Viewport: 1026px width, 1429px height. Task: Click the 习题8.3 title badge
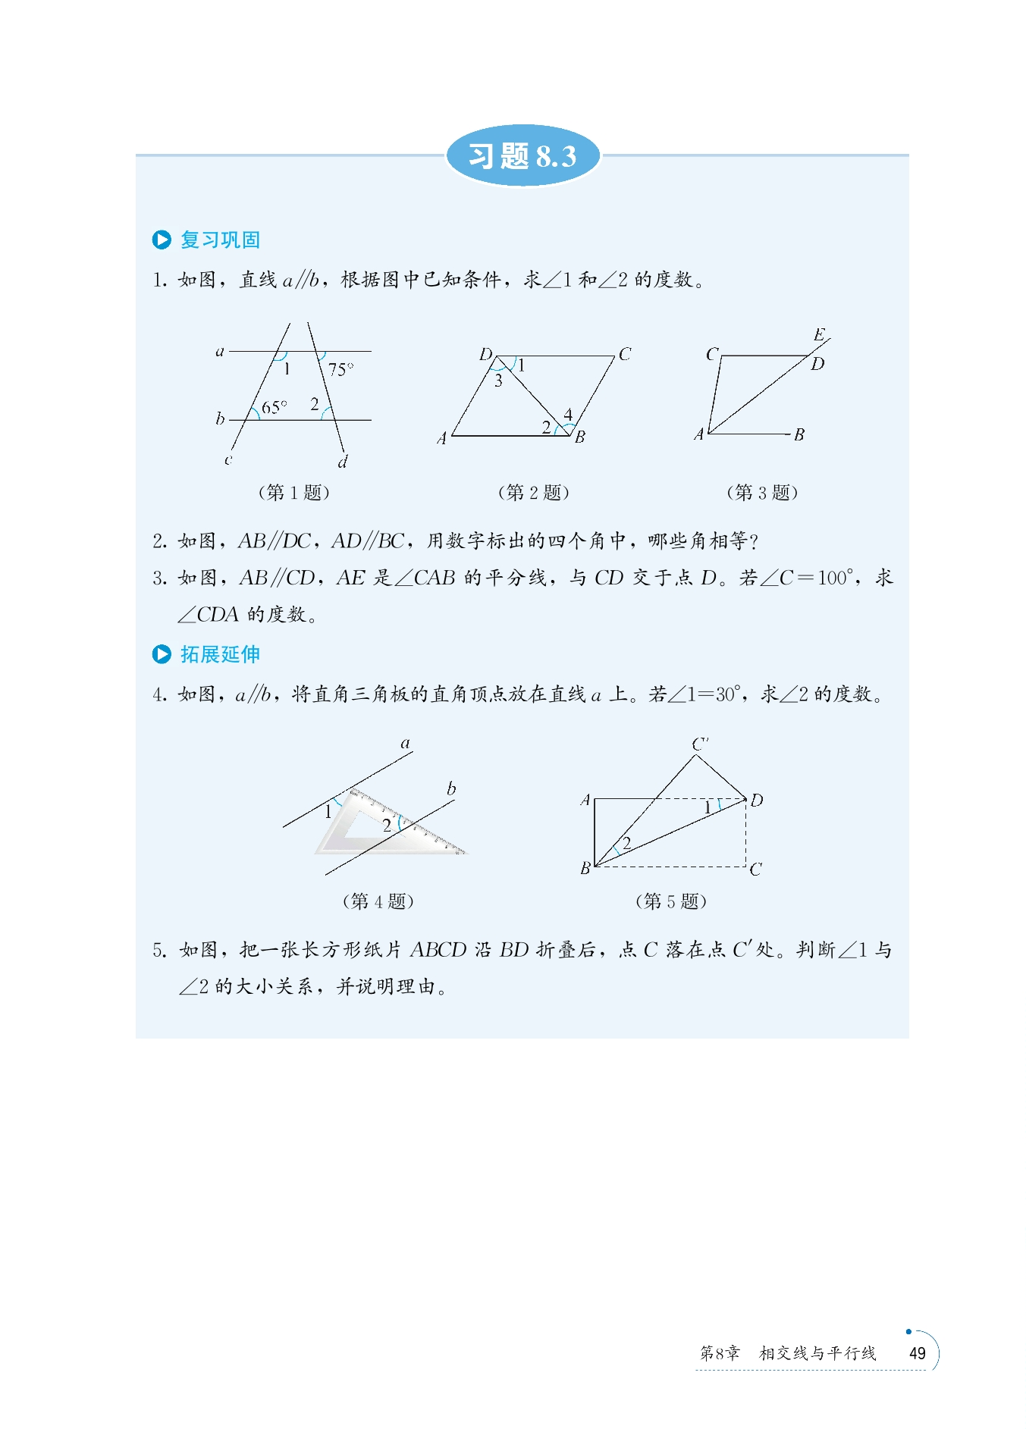click(x=522, y=156)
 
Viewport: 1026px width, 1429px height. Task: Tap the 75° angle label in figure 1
click(x=340, y=369)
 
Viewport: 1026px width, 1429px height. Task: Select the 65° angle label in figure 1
click(x=274, y=407)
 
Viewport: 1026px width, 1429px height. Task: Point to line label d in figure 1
click(x=343, y=462)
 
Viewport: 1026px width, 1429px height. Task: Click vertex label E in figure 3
click(x=819, y=335)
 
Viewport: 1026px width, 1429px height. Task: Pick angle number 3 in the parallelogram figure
click(x=498, y=381)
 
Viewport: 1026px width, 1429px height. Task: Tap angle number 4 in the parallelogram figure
click(x=568, y=414)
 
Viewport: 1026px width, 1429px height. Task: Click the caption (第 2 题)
click(x=534, y=492)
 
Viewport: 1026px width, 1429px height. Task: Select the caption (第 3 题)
click(x=762, y=492)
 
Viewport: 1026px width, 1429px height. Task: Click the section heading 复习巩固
click(x=220, y=240)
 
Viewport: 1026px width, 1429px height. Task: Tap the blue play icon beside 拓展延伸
click(x=162, y=654)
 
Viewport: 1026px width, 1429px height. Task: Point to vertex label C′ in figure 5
click(x=699, y=744)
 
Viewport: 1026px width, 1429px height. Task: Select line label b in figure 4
click(x=451, y=788)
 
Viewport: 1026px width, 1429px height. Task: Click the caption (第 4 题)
click(x=378, y=901)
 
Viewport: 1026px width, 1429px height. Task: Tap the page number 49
click(x=917, y=1353)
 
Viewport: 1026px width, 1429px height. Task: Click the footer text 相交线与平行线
click(x=817, y=1353)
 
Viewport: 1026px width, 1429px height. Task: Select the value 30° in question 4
click(x=726, y=694)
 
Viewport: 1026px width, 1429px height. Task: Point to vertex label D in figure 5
click(x=757, y=800)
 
